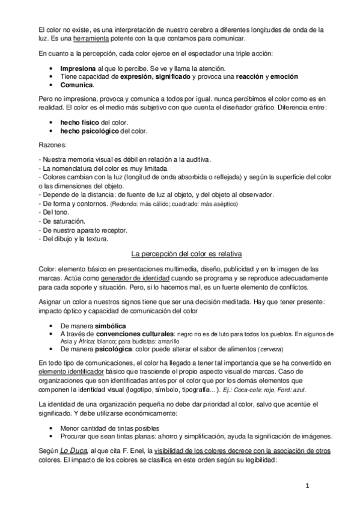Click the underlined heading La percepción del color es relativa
pyautogui.click(x=180, y=251)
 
